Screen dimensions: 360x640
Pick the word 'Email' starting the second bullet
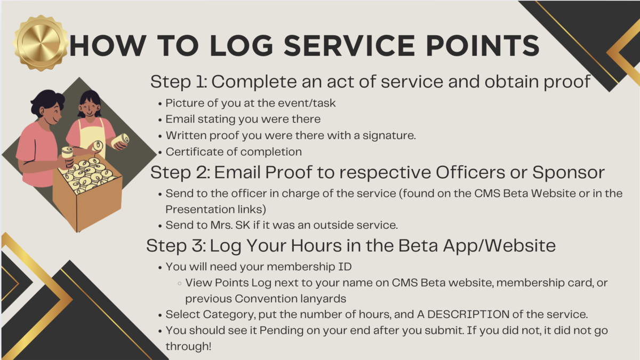181,119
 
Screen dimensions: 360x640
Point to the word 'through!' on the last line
188,347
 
